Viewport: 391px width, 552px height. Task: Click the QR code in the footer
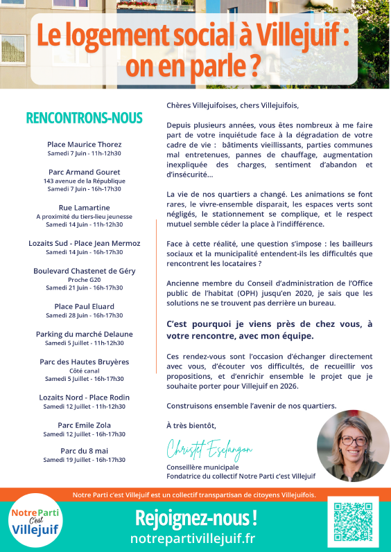(x=353, y=522)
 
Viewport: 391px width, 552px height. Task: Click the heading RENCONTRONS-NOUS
(x=84, y=118)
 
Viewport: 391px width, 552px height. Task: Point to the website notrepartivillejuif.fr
(x=192, y=537)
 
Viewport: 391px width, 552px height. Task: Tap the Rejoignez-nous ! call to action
(x=195, y=517)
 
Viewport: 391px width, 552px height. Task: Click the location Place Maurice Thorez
(x=84, y=144)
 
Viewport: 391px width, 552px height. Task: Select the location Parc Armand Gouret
(x=84, y=172)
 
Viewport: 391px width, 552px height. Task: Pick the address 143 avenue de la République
(x=84, y=180)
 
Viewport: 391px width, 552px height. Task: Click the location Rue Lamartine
(x=84, y=207)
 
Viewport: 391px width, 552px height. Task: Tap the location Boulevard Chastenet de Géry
(x=84, y=271)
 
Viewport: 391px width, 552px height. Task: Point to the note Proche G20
(x=84, y=279)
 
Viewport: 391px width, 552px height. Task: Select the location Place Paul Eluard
(x=84, y=306)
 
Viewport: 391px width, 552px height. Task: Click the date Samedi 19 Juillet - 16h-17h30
(x=84, y=459)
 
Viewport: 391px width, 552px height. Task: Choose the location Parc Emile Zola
(x=84, y=425)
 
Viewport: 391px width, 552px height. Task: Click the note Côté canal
(x=84, y=370)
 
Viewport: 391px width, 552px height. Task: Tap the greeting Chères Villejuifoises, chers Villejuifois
(x=232, y=106)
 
